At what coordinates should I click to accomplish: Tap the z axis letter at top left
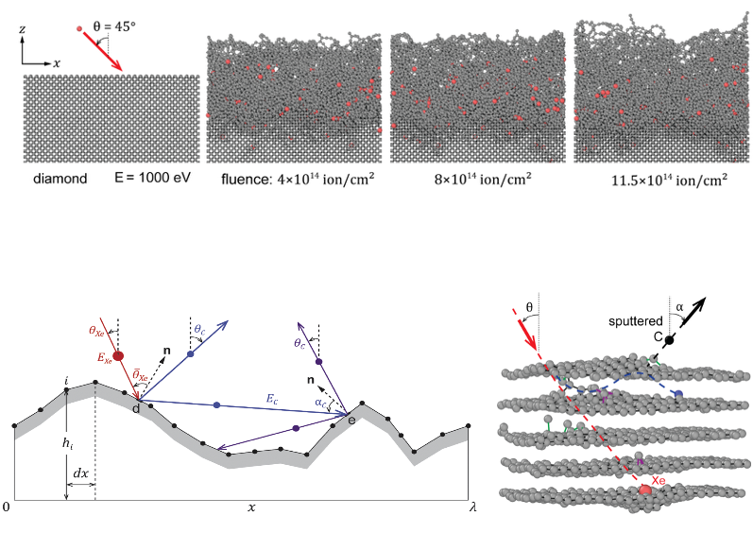coord(22,30)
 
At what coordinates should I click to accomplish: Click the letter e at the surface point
coord(351,420)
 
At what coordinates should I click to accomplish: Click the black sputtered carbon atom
coord(670,340)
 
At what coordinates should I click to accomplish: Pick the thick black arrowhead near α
coord(705,306)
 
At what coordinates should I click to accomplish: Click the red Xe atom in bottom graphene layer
coord(646,490)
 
